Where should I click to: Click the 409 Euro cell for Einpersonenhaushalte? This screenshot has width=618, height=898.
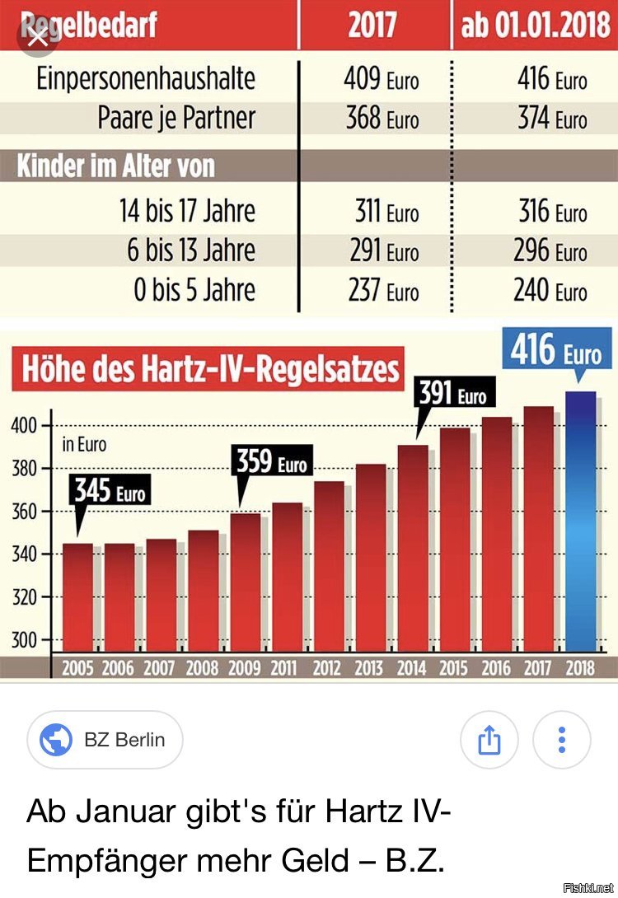click(x=381, y=79)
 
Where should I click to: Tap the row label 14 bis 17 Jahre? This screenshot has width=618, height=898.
click(x=188, y=211)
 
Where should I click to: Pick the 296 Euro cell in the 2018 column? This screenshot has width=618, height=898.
click(x=550, y=250)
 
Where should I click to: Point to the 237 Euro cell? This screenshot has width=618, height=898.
click(x=382, y=290)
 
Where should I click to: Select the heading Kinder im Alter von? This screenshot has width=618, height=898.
click(x=115, y=166)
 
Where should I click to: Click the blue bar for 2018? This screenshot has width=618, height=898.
click(x=581, y=523)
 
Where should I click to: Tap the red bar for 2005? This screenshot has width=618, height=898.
click(x=77, y=597)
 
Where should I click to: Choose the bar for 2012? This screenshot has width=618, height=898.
click(x=329, y=568)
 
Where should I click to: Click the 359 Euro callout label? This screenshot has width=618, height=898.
click(x=272, y=462)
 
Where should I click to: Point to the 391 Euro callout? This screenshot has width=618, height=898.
click(x=452, y=394)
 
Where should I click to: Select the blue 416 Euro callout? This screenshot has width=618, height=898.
click(x=555, y=353)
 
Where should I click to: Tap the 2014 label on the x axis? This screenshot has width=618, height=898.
click(x=411, y=668)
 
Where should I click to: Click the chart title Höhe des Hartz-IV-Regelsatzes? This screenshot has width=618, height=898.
click(x=210, y=369)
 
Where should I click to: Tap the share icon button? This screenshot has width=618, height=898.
click(x=489, y=739)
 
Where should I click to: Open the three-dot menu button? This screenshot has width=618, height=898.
click(x=562, y=739)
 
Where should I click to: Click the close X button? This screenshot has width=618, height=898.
click(x=36, y=38)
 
